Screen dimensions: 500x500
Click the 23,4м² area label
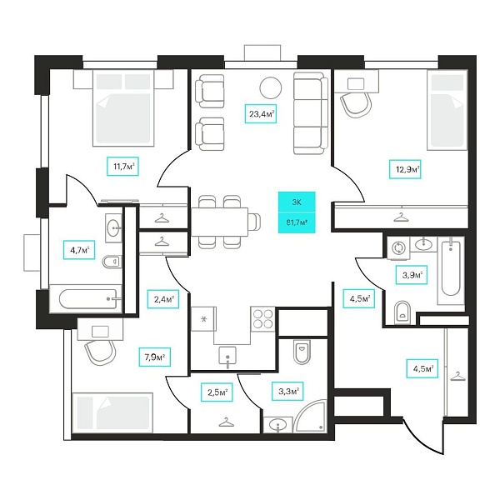tap(260, 113)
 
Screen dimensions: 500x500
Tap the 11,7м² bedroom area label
tap(122, 166)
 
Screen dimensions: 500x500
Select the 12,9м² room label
tap(405, 169)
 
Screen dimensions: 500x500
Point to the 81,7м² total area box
tap(297, 222)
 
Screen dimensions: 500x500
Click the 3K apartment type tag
tap(297, 202)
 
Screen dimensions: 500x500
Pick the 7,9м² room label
tap(155, 357)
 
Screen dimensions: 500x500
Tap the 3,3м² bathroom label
tap(288, 391)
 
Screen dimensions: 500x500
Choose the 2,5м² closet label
tap(217, 392)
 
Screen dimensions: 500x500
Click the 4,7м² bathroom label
tap(79, 250)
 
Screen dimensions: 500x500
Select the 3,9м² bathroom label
tap(412, 274)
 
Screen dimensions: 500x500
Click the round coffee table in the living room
tap(271, 88)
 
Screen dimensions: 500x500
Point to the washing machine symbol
tap(398, 247)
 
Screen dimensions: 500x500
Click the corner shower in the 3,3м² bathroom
tap(310, 416)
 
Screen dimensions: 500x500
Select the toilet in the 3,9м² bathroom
tap(402, 312)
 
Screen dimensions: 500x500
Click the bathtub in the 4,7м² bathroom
tap(87, 299)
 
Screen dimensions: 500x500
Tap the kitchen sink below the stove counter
tap(227, 356)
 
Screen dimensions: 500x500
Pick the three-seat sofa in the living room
tap(311, 113)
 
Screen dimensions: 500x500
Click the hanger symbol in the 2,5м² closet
tap(227, 422)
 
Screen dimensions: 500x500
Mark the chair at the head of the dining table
tap(254, 222)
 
